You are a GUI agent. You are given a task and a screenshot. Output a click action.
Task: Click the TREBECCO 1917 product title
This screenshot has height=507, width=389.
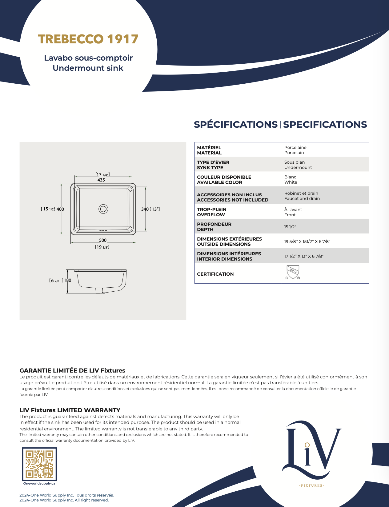[x=88, y=39]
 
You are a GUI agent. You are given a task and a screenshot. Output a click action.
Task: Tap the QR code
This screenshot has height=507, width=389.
[x=39, y=464]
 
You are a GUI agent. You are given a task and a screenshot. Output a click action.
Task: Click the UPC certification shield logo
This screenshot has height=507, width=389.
[x=293, y=272]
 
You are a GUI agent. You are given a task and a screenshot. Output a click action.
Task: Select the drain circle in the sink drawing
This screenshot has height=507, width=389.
[x=103, y=209]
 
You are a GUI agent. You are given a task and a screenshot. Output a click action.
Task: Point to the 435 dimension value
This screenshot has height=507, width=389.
[x=101, y=180]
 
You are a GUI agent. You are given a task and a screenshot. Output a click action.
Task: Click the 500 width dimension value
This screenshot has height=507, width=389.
[x=103, y=240]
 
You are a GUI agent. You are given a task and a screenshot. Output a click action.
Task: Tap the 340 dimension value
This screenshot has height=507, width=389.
[x=145, y=209]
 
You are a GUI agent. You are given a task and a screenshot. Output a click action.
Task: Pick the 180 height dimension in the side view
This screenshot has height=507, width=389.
[x=67, y=280]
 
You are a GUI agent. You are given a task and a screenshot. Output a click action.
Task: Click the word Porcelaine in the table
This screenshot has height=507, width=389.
[x=295, y=147]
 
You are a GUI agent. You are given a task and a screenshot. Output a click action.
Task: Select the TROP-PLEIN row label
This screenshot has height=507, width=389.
[x=212, y=210]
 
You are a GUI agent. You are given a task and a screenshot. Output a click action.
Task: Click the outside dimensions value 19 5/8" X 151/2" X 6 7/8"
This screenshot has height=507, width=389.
[x=307, y=242]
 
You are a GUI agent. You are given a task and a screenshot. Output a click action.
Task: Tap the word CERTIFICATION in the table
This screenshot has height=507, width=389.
[x=215, y=274]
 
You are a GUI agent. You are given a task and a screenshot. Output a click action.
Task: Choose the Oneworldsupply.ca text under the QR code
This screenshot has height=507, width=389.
[x=39, y=483]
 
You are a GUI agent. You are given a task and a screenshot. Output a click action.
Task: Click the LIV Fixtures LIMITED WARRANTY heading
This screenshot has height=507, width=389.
[x=70, y=410]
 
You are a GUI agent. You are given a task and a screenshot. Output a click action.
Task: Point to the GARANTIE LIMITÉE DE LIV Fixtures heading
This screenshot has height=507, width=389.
[x=72, y=370]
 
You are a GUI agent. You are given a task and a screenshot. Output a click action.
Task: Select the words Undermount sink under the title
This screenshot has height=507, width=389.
[x=88, y=68]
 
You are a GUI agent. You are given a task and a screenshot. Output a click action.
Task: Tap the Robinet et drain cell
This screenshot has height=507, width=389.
[x=301, y=193]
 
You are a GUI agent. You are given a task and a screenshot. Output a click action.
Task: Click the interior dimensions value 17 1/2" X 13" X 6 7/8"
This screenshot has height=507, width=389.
[x=304, y=256]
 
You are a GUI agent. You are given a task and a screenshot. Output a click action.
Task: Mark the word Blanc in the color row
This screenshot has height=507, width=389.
[x=290, y=177]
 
